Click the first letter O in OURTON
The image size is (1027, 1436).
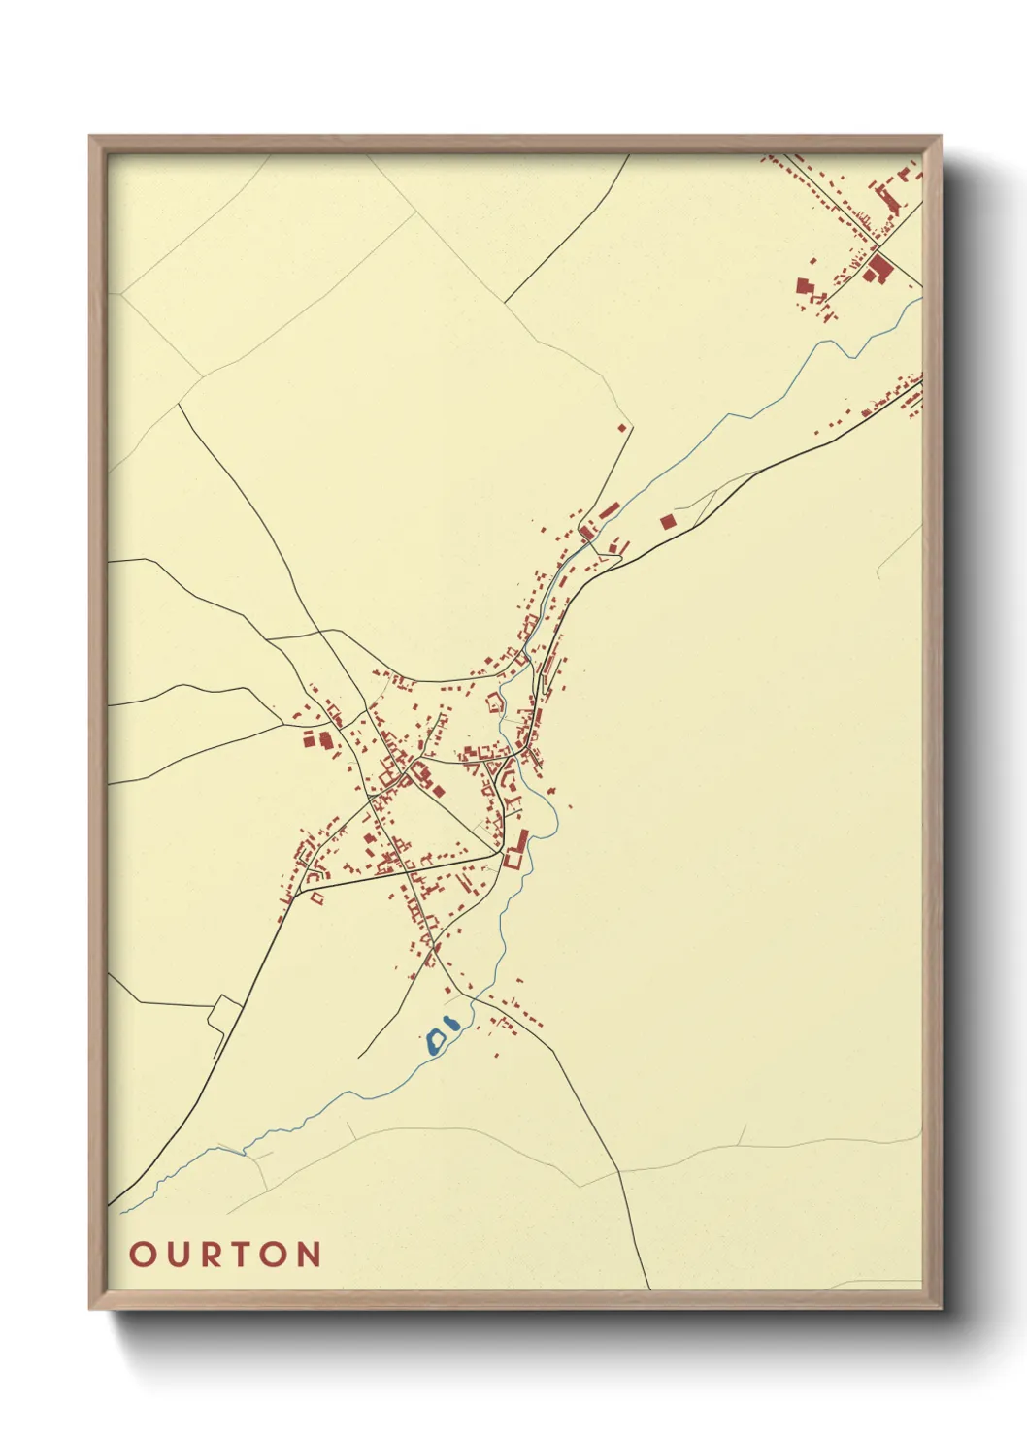[x=143, y=1254]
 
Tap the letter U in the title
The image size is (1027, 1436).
[x=180, y=1254]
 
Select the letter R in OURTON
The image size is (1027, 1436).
[x=214, y=1254]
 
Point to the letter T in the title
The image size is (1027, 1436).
[x=246, y=1254]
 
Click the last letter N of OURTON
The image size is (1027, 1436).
[x=309, y=1254]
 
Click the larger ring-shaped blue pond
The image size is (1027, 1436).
[x=436, y=1041]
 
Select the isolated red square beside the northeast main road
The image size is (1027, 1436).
[x=667, y=522]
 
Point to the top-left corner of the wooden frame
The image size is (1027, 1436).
[x=90, y=137]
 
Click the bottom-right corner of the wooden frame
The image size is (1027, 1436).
[x=940, y=1307]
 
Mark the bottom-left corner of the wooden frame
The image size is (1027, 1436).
[x=90, y=1307]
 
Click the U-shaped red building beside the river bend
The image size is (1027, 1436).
[x=513, y=858]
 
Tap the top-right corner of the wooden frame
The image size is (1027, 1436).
[x=940, y=137]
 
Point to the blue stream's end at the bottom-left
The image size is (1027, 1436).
[x=122, y=1211]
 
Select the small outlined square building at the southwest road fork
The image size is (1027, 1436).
[x=315, y=899]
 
